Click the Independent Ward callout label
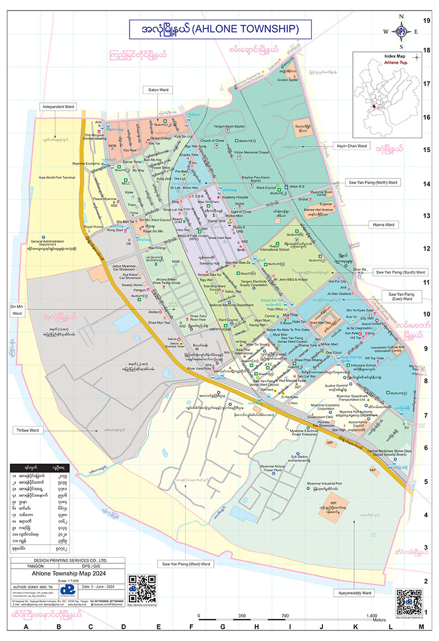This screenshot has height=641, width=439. click(58, 106)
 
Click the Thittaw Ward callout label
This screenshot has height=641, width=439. click(27, 430)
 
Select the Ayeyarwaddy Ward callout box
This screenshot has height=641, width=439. click(355, 591)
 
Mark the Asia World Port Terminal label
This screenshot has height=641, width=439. click(58, 178)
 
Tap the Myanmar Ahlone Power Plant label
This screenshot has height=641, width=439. click(273, 468)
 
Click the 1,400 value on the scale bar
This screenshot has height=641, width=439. click(362, 615)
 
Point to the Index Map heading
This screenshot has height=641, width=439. click(395, 57)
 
